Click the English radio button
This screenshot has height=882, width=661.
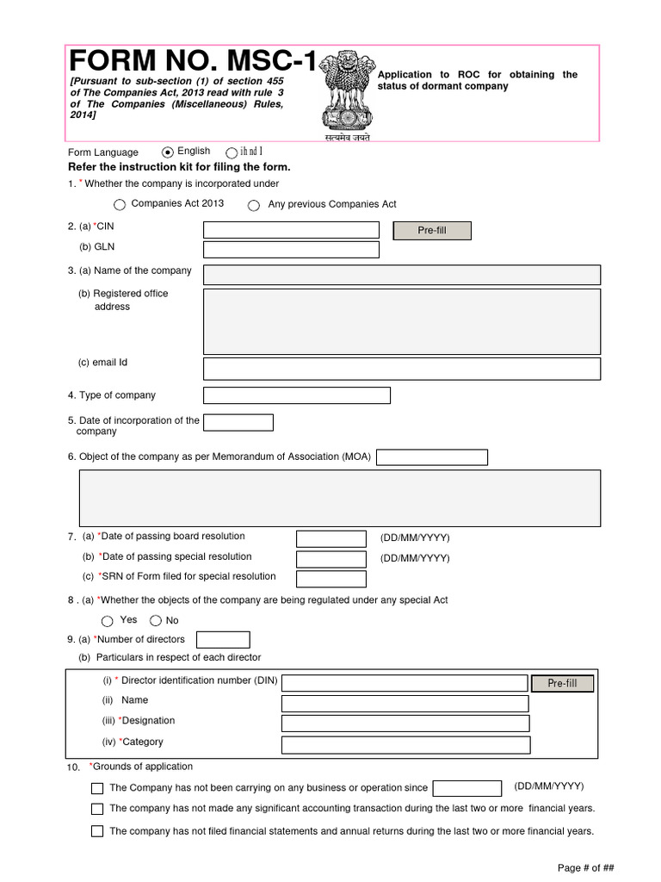pos(168,152)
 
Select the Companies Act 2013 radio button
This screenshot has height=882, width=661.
pos(119,205)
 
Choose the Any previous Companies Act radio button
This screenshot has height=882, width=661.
pos(253,206)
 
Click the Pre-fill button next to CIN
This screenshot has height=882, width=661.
pos(432,231)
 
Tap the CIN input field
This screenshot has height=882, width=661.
pos(291,230)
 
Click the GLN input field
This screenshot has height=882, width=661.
pos(291,250)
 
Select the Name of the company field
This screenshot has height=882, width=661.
pos(401,275)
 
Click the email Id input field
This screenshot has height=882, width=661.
pos(401,369)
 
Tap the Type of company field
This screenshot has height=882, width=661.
pos(296,395)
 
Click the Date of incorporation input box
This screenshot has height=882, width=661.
pos(238,423)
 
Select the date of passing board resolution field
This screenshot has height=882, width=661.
pos(330,539)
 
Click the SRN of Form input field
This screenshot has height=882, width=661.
pos(330,579)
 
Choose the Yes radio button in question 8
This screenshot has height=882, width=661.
pos(107,621)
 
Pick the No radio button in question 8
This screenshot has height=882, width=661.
pos(156,621)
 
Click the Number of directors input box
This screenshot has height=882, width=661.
pos(223,640)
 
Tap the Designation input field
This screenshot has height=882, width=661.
pos(405,723)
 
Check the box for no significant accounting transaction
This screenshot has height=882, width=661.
pos(97,810)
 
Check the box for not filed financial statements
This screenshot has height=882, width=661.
pos(97,832)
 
